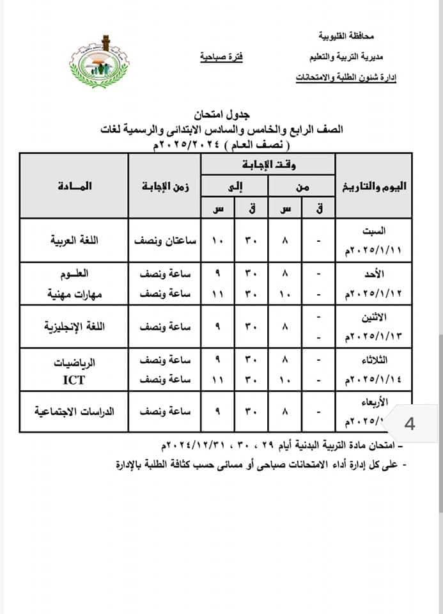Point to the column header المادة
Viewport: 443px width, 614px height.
[74, 186]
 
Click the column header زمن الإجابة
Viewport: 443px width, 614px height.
[165, 186]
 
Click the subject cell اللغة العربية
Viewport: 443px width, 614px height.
[74, 241]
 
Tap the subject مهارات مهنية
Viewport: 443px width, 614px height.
[71, 294]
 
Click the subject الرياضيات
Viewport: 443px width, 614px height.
[72, 361]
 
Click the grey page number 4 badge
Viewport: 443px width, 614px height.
[409, 423]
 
